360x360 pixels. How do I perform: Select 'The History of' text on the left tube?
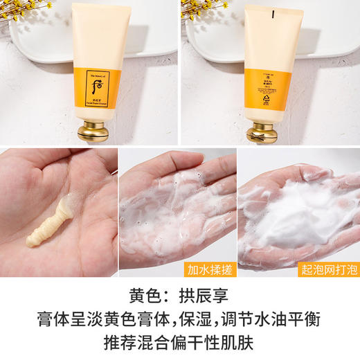pos(99,75)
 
